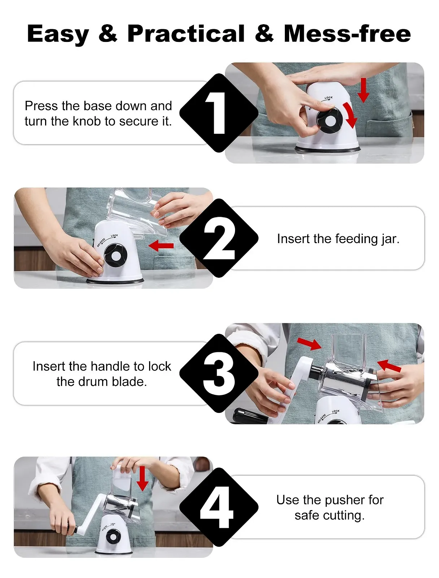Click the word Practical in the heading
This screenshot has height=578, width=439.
point(186,34)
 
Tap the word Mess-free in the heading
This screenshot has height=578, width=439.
point(347,34)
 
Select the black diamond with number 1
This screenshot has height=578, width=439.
point(219,113)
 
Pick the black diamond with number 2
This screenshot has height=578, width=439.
point(219,238)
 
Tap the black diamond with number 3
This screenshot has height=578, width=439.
point(219,374)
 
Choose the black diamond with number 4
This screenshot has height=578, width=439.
point(219,507)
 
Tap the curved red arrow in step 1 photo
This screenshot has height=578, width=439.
point(351,115)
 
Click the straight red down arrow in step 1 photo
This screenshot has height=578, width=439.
point(364,90)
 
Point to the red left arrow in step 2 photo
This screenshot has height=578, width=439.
point(161,245)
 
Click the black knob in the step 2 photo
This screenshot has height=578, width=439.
point(116,255)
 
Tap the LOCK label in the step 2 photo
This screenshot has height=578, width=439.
point(114,236)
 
